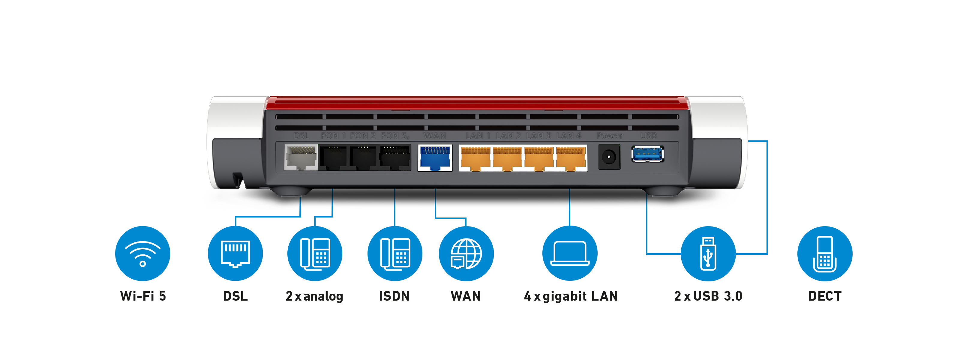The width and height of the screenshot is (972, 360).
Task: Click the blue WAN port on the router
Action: (x=435, y=158)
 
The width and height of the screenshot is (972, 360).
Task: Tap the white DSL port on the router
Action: (x=301, y=158)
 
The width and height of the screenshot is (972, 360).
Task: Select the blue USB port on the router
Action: (x=647, y=154)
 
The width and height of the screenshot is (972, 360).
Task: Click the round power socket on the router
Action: (x=609, y=157)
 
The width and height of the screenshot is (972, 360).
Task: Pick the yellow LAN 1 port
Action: (x=475, y=158)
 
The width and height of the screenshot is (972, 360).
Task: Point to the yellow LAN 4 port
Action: (x=571, y=158)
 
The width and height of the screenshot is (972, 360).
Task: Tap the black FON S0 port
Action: (x=395, y=158)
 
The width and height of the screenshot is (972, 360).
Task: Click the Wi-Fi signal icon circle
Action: (x=142, y=253)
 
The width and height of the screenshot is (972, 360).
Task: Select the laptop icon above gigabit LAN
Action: (x=570, y=253)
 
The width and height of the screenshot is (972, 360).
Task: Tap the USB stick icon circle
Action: (x=708, y=253)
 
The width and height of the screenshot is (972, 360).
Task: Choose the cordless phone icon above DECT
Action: (x=824, y=253)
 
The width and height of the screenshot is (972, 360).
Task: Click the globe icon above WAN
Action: (x=466, y=253)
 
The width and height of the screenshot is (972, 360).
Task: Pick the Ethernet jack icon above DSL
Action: (x=235, y=253)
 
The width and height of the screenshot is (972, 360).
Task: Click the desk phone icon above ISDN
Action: (x=395, y=253)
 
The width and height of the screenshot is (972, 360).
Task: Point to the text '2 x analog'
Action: (x=314, y=296)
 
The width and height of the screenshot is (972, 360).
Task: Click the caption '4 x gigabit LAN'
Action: (x=571, y=296)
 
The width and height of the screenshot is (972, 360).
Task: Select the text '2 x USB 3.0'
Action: (x=708, y=296)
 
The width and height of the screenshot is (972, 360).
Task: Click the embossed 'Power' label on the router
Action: (x=609, y=136)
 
